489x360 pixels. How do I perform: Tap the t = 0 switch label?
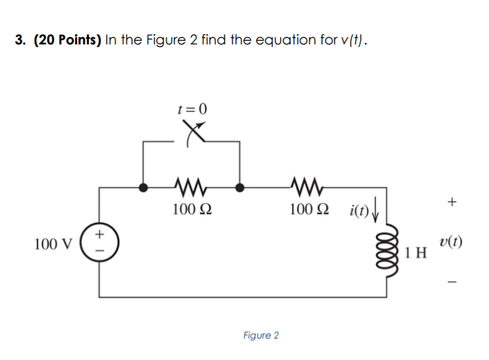coord(192,109)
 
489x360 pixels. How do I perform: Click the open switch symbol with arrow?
coord(194,132)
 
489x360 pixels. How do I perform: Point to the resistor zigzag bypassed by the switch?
coord(192,187)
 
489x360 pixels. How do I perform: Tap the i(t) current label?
coord(360,208)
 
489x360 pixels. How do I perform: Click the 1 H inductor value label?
coord(418,252)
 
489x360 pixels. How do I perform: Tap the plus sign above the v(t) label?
coord(452,203)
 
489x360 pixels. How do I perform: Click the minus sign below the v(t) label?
coord(452,282)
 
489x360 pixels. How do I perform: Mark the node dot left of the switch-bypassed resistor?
coord(143,187)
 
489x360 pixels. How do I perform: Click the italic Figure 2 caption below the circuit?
coord(261,336)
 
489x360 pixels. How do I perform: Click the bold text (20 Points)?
coord(67,40)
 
